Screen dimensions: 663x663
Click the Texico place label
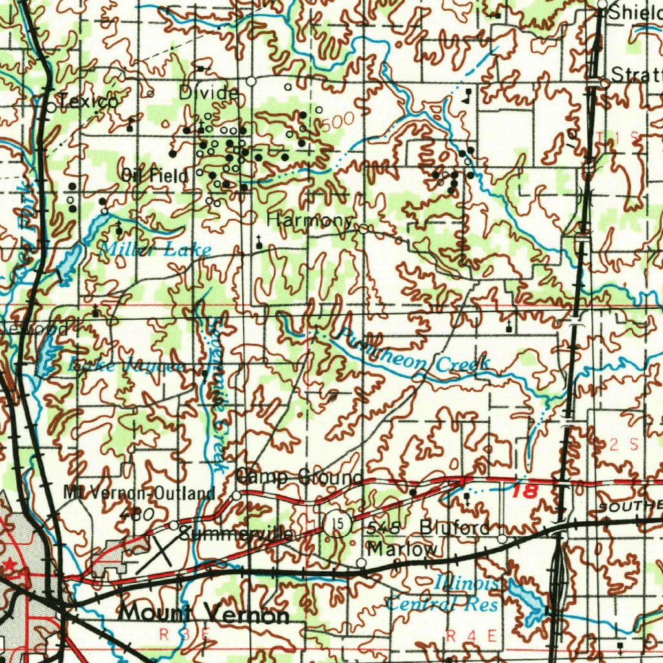(89, 101)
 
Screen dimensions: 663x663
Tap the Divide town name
(208, 93)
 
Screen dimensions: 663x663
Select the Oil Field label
(155, 175)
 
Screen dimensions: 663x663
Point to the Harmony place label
(309, 220)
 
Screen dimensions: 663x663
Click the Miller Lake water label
(157, 250)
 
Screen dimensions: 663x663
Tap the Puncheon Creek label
(413, 354)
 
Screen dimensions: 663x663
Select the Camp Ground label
(299, 478)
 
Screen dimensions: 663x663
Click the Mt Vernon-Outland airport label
(139, 493)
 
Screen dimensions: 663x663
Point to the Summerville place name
(236, 534)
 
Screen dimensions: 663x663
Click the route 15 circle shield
(333, 522)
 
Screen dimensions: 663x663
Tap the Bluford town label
(455, 528)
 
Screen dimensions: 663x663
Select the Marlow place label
(402, 549)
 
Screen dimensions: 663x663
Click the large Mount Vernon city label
(204, 613)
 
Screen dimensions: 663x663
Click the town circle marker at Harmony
(364, 229)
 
